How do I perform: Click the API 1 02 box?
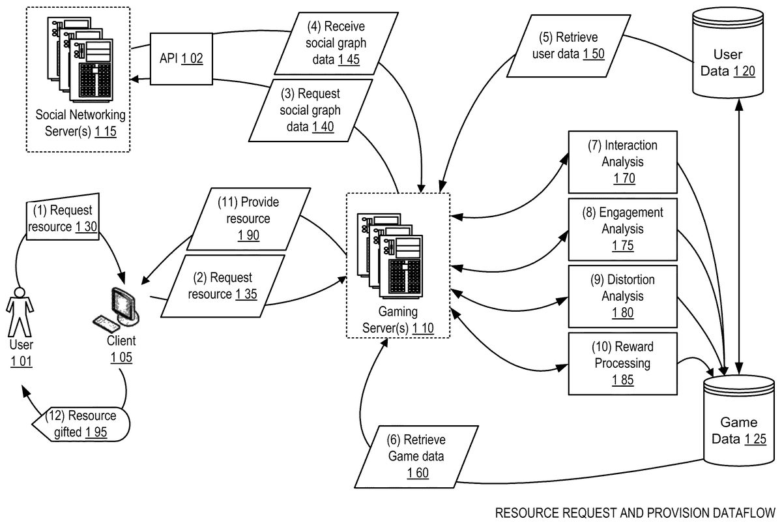(x=182, y=59)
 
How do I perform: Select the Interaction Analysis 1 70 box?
(x=622, y=161)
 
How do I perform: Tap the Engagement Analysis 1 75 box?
(x=622, y=229)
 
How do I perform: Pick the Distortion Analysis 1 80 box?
(x=622, y=295)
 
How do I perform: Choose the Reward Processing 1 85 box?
(x=622, y=363)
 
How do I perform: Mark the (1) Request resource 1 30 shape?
(x=63, y=218)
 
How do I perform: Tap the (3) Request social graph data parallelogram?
(x=310, y=110)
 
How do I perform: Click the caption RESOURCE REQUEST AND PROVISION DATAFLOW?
(x=635, y=512)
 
